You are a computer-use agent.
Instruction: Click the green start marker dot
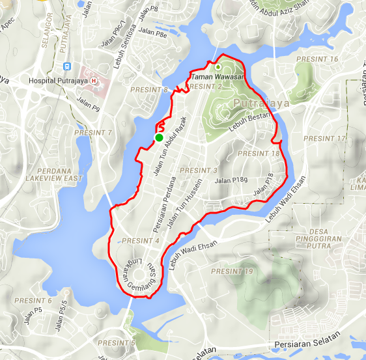tap(159, 137)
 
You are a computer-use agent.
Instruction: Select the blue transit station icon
tap(66, 66)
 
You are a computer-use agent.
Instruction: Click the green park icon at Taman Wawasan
tap(218, 66)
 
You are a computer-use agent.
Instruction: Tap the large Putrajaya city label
tap(259, 104)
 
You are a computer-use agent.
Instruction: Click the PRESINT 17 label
tap(324, 139)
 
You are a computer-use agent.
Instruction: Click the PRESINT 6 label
tap(32, 301)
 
